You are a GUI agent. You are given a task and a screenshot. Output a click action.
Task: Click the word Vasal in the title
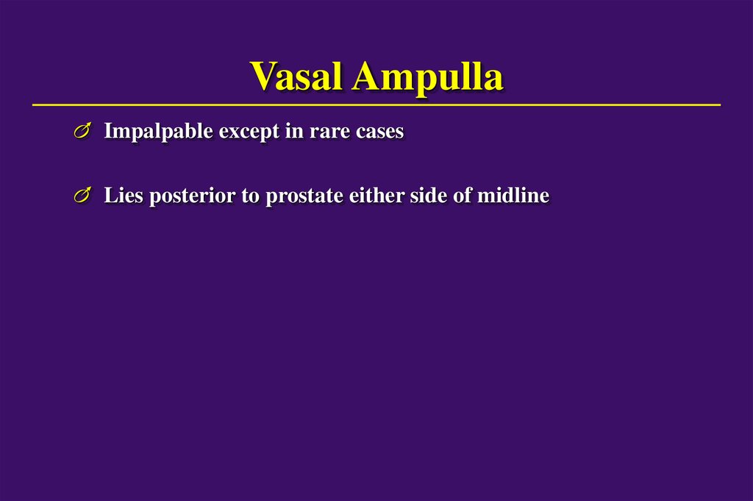(x=296, y=77)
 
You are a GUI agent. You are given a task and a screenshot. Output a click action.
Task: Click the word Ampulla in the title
(x=427, y=77)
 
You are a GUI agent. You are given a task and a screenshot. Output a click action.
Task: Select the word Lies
(x=123, y=196)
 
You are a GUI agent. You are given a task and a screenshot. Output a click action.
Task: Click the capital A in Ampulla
(x=366, y=77)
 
